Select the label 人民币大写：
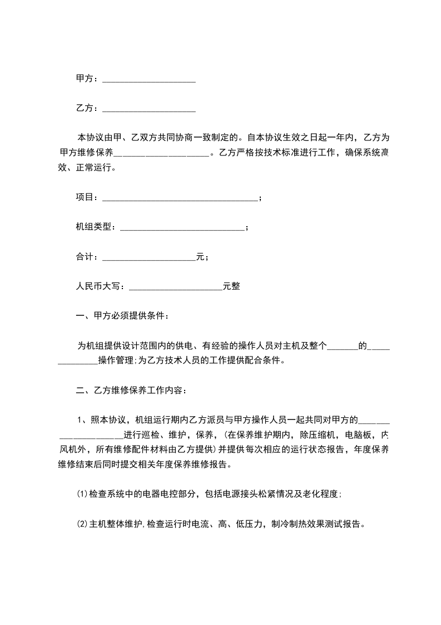point(102,286)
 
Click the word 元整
point(231,286)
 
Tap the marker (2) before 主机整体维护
point(82,524)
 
